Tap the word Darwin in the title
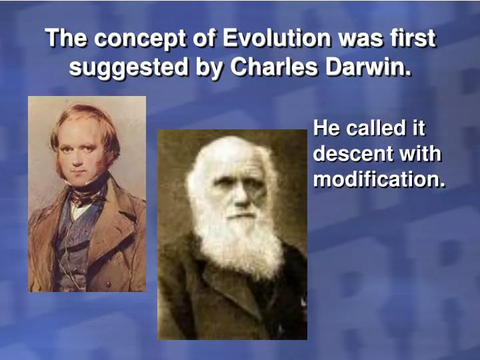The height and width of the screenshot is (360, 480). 375,67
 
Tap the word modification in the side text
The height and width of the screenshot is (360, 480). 379,179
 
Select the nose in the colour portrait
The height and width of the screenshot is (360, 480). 80,159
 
